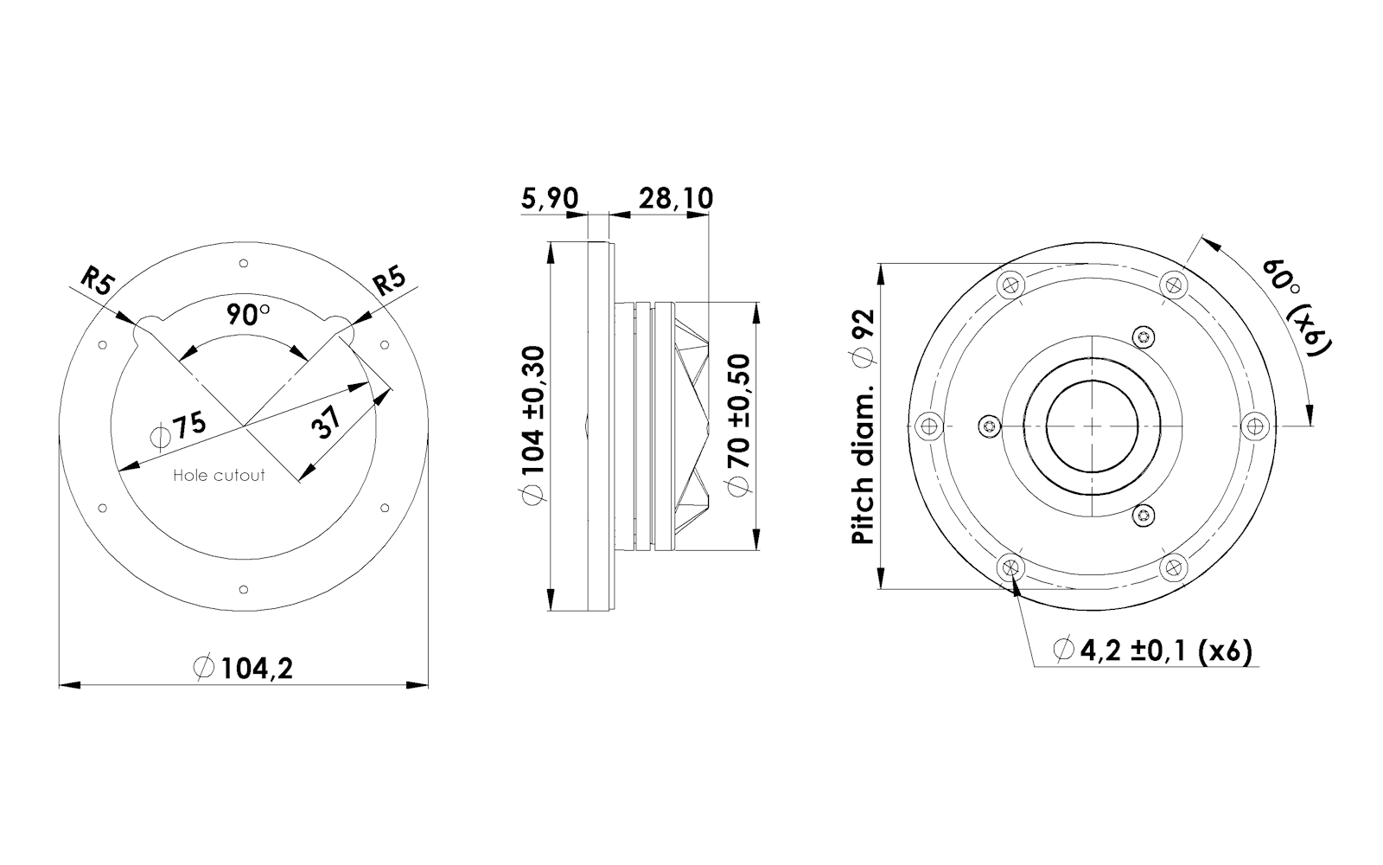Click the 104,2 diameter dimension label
[x=243, y=669]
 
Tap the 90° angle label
[x=248, y=315]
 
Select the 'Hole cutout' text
[x=220, y=475]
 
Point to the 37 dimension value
[x=325, y=422]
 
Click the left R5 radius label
[x=98, y=282]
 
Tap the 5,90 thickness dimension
[x=550, y=199]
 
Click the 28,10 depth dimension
[x=675, y=199]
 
